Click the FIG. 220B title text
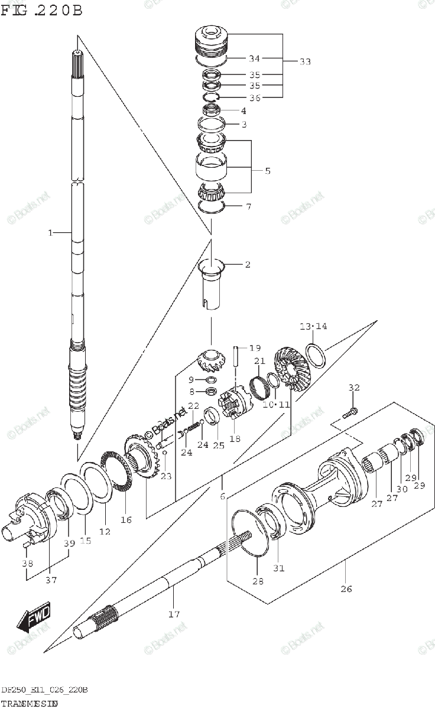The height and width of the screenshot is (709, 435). click(x=41, y=11)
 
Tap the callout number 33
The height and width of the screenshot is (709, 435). click(x=305, y=61)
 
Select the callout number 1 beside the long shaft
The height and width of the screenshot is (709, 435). click(x=51, y=233)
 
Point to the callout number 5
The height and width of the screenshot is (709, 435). click(x=268, y=171)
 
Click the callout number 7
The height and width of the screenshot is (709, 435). click(x=248, y=207)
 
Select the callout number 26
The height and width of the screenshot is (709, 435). click(x=346, y=588)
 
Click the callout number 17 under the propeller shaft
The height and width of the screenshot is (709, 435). click(x=173, y=614)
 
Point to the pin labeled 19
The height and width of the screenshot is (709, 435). click(x=235, y=356)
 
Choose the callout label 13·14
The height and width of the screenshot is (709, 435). click(x=313, y=326)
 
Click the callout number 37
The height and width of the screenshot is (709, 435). click(x=51, y=580)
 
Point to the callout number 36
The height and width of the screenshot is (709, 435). click(x=255, y=97)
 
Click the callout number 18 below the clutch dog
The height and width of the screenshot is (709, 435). click(x=235, y=438)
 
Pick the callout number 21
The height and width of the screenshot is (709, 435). click(x=259, y=362)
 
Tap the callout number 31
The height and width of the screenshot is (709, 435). click(x=278, y=568)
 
